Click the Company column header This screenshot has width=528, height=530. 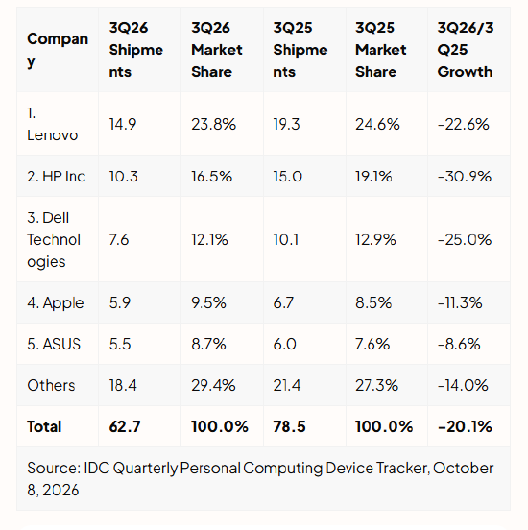coord(58,50)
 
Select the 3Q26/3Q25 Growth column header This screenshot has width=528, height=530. coord(466,50)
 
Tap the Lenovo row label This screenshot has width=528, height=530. coord(53,124)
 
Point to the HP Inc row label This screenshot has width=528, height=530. coord(56,177)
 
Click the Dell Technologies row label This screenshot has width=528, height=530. coord(54,240)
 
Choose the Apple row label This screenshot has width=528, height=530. coord(56,302)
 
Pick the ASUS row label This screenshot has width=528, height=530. coord(54,344)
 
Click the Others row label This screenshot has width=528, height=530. coord(51,385)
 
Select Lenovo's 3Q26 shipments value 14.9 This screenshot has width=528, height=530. coord(123,124)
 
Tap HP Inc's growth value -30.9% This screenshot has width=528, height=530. coord(465,177)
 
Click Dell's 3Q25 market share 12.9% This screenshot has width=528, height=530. coord(375,240)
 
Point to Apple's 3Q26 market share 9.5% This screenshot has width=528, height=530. coord(208,302)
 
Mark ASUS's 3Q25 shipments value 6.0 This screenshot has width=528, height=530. coord(284,344)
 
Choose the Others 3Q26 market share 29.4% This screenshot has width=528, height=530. coord(213,385)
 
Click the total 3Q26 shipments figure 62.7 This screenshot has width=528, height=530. coord(125,426)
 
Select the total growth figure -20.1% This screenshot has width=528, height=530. coord(465,426)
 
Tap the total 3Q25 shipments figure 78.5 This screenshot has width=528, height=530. coord(289,426)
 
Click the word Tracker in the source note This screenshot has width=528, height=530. coord(403,469)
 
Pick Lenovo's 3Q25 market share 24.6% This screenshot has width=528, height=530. coord(377,124)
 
